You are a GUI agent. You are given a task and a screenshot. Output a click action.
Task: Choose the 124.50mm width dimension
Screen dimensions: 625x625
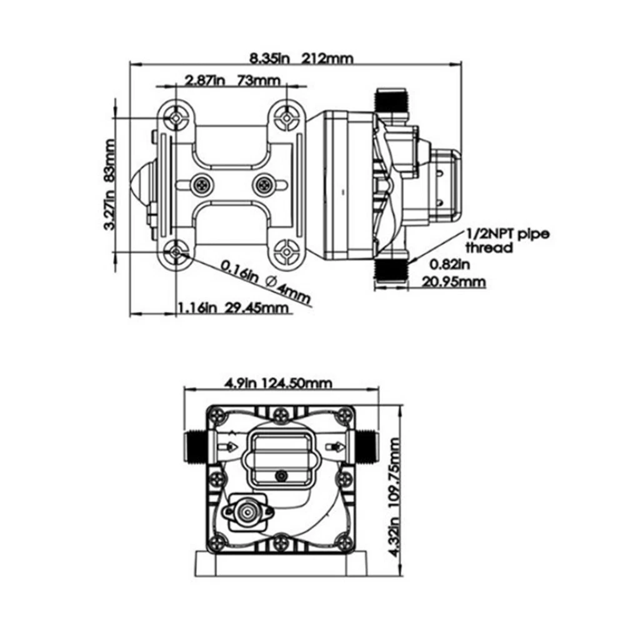click(x=297, y=382)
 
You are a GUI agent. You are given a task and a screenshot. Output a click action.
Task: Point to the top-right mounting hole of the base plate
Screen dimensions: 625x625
click(x=286, y=117)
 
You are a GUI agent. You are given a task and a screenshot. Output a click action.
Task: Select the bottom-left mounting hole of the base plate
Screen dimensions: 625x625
click(x=177, y=252)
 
